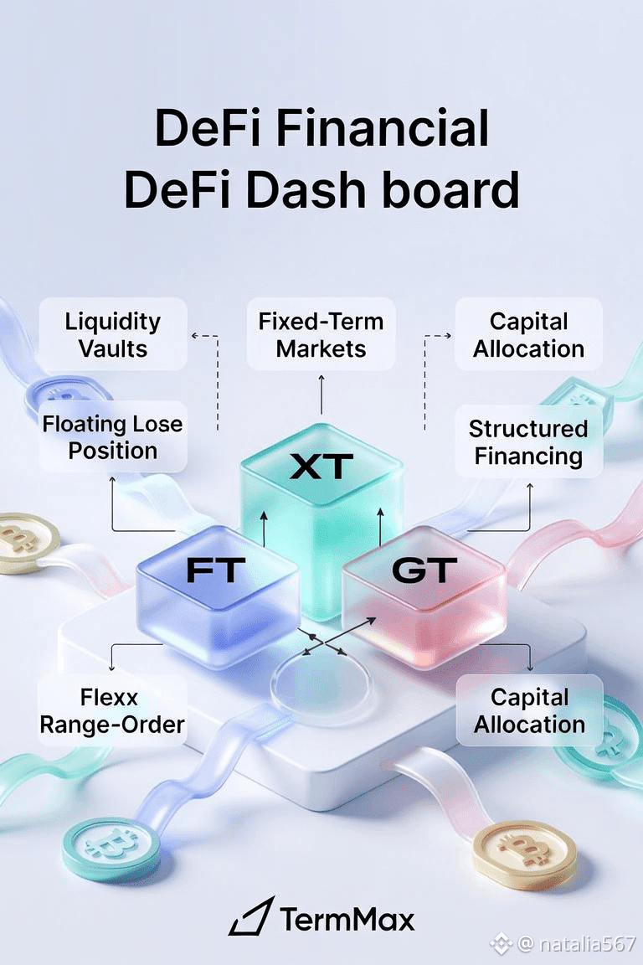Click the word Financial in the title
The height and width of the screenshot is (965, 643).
[382, 128]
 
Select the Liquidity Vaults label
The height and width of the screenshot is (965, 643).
[113, 335]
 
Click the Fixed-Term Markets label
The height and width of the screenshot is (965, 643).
[321, 335]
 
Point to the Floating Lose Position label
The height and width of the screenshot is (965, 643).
[112, 437]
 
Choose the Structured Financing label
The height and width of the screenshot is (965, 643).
[528, 442]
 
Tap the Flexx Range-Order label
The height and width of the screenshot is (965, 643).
[112, 711]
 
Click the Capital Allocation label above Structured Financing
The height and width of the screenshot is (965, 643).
[528, 335]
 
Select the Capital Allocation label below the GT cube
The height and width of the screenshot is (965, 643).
[529, 711]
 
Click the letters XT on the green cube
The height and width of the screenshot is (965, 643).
[321, 466]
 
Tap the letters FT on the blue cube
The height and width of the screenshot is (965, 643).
[216, 570]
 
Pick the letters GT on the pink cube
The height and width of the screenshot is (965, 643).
[424, 570]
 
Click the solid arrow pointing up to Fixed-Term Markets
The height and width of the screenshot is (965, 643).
[321, 394]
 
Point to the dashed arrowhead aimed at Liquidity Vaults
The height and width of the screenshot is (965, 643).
[194, 335]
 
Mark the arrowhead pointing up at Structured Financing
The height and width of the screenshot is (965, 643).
[530, 487]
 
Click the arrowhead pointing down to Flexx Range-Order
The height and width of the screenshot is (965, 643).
[111, 667]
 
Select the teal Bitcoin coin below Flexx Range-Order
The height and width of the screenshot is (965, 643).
[112, 849]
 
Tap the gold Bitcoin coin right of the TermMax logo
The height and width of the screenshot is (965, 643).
[525, 854]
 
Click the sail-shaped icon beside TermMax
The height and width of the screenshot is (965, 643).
[251, 916]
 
